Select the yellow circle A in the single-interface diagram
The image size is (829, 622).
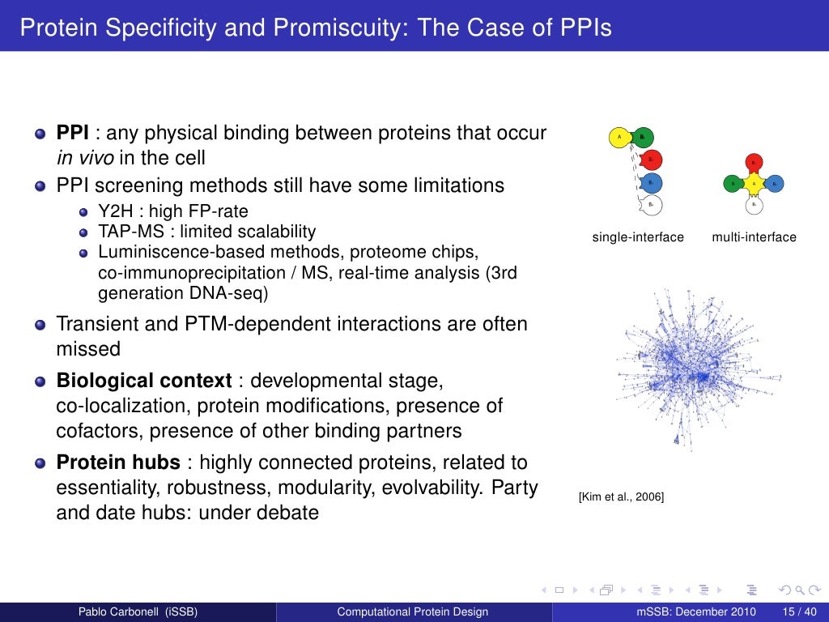[619, 138]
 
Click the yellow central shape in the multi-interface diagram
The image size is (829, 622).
[754, 184]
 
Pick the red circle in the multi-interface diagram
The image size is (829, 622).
[754, 163]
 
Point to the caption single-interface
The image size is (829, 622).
[638, 237]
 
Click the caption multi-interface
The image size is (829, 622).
[754, 237]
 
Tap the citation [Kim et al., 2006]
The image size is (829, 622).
[621, 496]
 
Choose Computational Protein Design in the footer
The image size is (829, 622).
[413, 611]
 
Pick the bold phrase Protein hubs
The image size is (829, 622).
[118, 463]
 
